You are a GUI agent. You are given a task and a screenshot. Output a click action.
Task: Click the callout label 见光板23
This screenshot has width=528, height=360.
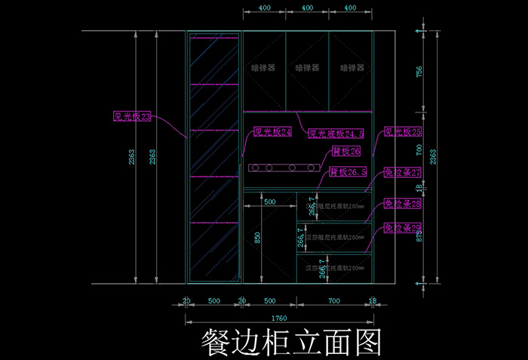[x=133, y=116]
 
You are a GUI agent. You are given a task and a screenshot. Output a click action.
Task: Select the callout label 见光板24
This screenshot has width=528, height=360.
[x=272, y=132]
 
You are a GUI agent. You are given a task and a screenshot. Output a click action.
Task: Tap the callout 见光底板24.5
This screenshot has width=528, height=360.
[x=336, y=134]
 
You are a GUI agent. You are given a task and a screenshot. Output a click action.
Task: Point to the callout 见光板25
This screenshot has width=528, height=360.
[x=403, y=132]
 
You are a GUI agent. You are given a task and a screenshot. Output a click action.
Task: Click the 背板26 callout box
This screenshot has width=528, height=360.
[x=346, y=152]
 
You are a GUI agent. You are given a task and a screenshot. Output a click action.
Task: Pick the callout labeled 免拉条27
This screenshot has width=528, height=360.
[x=403, y=172]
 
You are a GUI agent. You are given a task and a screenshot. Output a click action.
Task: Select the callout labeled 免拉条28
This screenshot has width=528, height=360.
[x=403, y=204]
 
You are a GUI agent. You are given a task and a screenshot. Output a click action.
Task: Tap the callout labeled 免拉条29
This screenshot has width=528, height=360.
[x=403, y=227]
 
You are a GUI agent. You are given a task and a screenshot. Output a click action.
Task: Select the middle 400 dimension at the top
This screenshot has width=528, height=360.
[x=308, y=8]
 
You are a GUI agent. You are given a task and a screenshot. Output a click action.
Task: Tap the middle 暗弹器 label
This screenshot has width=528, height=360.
[x=308, y=67]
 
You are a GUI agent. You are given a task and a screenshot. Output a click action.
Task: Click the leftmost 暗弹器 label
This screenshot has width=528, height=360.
[x=263, y=67]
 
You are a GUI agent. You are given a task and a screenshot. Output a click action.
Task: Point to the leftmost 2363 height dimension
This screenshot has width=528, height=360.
[x=133, y=157]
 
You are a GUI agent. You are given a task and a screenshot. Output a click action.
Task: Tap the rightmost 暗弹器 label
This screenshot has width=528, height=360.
[x=352, y=67]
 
